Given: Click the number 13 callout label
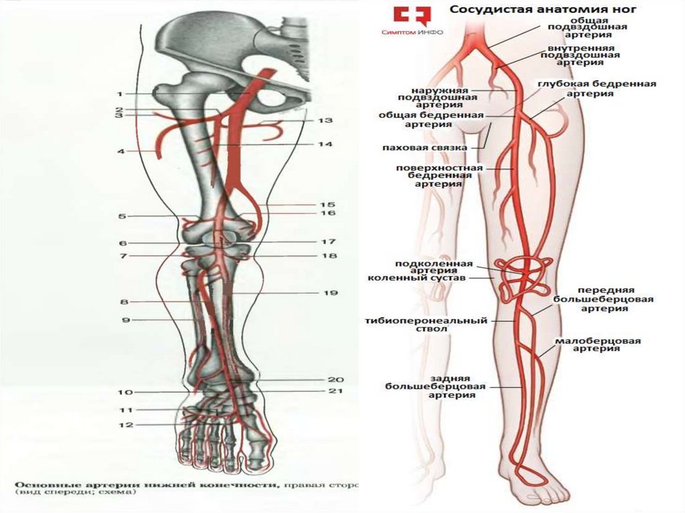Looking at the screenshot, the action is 325,121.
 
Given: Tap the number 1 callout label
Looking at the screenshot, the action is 119,94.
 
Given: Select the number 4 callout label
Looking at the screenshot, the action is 121,152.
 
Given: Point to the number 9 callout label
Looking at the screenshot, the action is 124,320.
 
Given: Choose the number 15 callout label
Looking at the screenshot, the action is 327,205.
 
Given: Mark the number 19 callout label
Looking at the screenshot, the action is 331,293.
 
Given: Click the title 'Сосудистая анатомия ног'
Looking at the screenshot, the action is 543,9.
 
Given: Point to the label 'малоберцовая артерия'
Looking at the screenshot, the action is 597,344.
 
